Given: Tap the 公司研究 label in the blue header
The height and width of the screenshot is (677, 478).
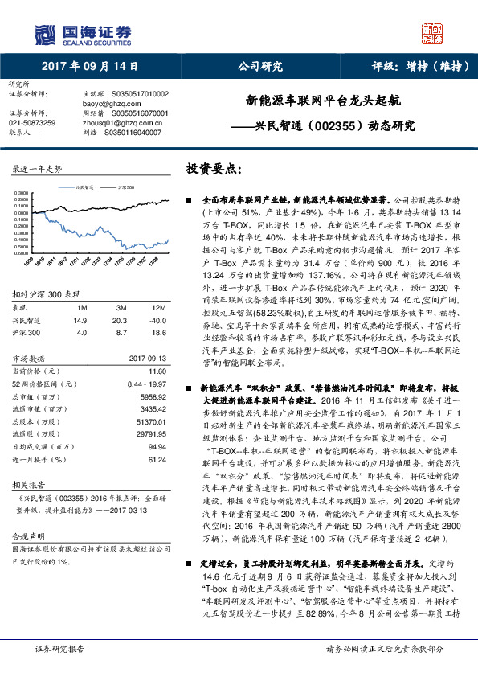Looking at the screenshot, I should click(260, 67).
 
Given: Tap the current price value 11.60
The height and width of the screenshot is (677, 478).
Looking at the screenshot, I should click(157, 371).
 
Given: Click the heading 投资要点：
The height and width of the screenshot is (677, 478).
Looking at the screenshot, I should click(213, 170).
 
